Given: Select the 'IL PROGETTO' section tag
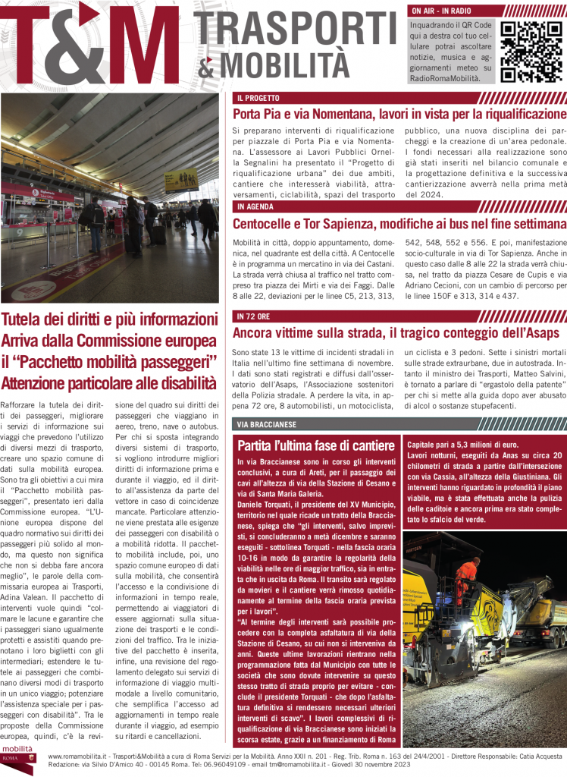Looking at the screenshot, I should [x=258, y=99].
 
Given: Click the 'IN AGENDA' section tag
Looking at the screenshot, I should [x=255, y=207].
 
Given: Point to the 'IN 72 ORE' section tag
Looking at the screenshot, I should [x=254, y=316].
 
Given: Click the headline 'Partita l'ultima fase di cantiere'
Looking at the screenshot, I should [x=315, y=445].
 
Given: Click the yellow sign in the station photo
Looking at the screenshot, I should [x=181, y=179].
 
